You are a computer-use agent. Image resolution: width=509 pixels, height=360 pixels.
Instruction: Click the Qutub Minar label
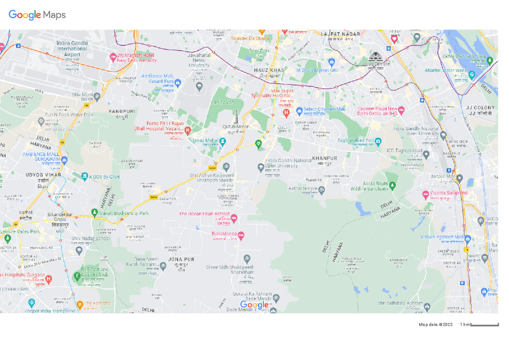[236, 127]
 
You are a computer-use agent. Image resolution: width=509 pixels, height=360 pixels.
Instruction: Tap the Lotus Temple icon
[375, 56]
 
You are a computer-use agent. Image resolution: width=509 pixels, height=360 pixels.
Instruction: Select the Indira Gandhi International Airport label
[72, 49]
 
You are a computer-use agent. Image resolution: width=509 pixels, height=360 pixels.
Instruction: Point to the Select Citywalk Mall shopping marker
[299, 110]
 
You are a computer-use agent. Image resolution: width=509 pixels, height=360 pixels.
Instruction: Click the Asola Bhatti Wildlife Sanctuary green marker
[392, 185]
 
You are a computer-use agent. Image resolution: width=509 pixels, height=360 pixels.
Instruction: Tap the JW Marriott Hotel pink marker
[113, 56]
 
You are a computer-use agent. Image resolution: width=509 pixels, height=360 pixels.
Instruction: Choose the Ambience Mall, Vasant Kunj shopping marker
[178, 82]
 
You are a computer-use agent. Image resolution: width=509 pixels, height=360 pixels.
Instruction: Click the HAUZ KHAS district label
[269, 70]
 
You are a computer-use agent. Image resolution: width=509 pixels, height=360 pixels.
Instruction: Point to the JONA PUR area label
[181, 259]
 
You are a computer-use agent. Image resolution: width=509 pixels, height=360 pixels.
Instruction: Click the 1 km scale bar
[484, 325]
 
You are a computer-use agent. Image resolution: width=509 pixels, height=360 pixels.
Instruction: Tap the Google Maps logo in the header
[37, 15]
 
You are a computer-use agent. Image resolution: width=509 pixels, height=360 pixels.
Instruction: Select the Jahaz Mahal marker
[222, 141]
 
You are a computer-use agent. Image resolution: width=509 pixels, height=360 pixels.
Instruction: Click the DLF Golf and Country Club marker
[77, 276]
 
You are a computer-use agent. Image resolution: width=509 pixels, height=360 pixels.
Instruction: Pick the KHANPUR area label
[324, 158]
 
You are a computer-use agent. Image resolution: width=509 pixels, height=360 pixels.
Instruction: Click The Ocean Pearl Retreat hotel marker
[233, 218]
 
